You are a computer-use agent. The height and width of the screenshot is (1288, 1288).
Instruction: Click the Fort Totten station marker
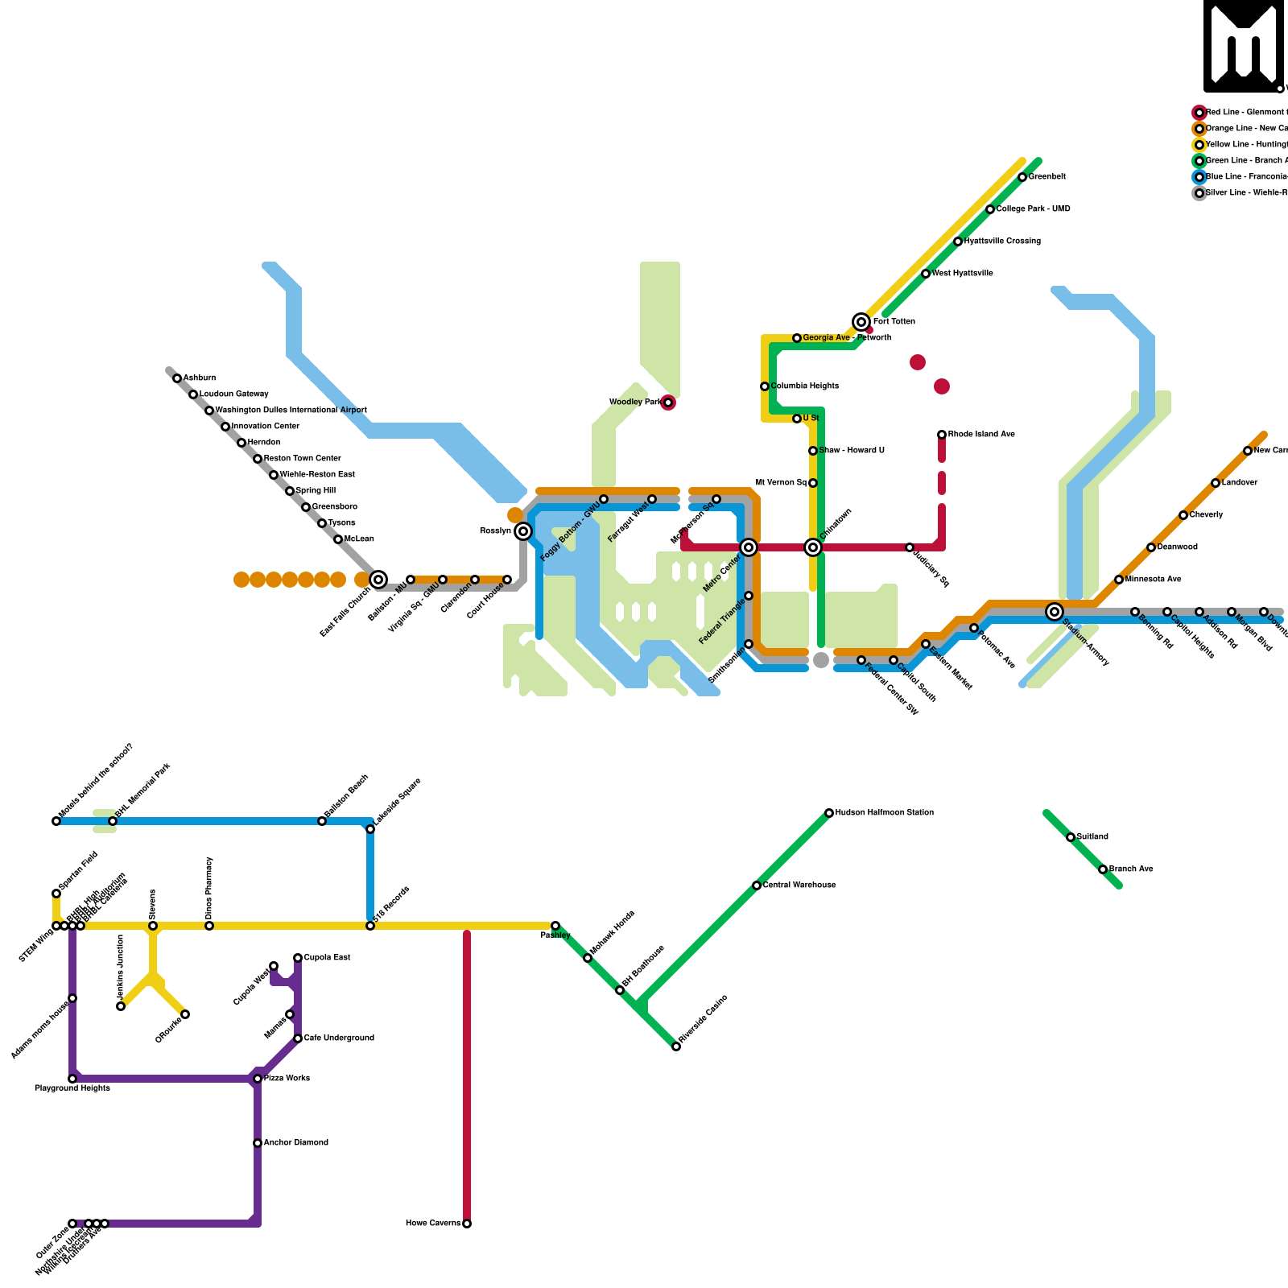pyautogui.click(x=861, y=322)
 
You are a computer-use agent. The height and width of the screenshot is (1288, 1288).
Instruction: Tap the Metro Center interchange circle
pyautogui.click(x=749, y=547)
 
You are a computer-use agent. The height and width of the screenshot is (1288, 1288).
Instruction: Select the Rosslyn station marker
pyautogui.click(x=523, y=531)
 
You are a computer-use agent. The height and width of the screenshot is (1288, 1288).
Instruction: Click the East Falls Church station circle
pyautogui.click(x=378, y=580)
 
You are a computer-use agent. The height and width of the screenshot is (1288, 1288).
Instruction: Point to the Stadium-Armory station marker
pyautogui.click(x=1055, y=612)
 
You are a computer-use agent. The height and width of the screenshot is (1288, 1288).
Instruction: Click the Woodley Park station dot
pyautogui.click(x=668, y=402)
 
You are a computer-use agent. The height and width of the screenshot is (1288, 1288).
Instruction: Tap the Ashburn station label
pyautogui.click(x=199, y=378)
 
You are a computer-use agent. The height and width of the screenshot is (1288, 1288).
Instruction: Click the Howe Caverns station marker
pyautogui.click(x=467, y=1224)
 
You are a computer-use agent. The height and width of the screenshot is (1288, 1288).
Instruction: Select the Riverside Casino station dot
pyautogui.click(x=676, y=1046)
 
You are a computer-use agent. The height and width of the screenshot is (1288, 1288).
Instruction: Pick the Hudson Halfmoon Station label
pyautogui.click(x=884, y=813)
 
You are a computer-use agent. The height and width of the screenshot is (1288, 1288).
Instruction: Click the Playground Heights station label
pyautogui.click(x=72, y=1088)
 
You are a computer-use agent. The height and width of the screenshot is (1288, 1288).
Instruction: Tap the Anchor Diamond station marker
pyautogui.click(x=258, y=1143)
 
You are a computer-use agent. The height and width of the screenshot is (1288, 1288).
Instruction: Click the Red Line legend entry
pyautogui.click(x=1240, y=113)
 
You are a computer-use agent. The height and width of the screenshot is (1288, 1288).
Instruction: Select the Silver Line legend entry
pyautogui.click(x=1240, y=193)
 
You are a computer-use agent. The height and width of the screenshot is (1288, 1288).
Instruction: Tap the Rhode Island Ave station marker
pyautogui.click(x=942, y=435)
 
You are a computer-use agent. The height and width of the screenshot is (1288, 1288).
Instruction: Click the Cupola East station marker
pyautogui.click(x=298, y=958)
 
